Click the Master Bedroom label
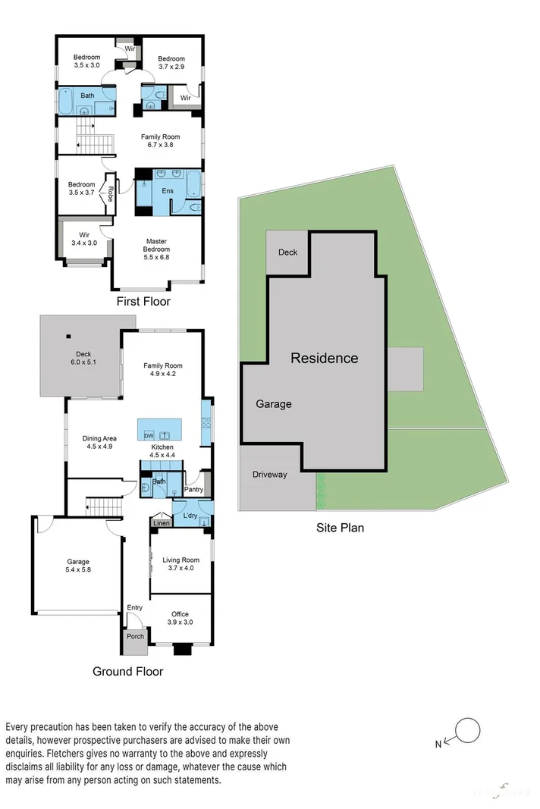click(158, 249)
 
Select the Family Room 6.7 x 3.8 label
click(161, 141)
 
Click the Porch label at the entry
click(135, 636)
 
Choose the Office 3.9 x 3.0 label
click(180, 618)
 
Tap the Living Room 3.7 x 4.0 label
click(181, 564)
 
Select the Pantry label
click(194, 490)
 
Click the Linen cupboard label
click(161, 523)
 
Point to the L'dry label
click(190, 516)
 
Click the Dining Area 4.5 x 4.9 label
click(99, 442)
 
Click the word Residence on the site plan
click(325, 358)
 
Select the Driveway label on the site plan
click(271, 475)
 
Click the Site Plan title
click(340, 528)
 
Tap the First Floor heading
click(143, 302)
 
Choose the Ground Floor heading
click(127, 671)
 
